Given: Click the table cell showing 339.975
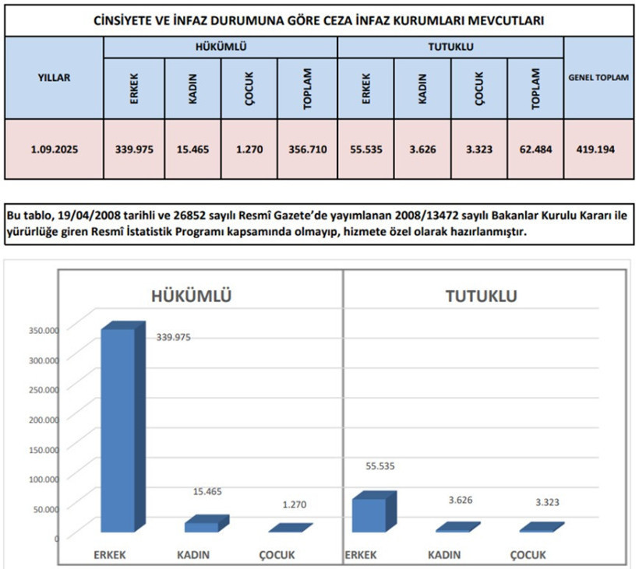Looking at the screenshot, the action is tap(134, 149).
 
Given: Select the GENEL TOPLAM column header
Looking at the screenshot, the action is tap(598, 77).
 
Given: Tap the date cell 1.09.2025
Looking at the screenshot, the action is tap(55, 149).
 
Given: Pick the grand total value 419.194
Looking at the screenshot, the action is tap(595, 149).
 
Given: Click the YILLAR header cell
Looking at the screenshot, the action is tap(55, 77).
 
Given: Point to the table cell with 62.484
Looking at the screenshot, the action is tap(535, 149).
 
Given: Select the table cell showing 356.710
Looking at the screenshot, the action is tap(308, 149).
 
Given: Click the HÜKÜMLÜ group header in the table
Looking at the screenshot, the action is tap(221, 47).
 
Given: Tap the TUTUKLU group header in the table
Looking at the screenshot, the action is tap(450, 47).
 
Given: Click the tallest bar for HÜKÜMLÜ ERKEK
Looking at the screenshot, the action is tap(123, 427).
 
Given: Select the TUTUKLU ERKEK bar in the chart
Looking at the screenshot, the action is tap(374, 511).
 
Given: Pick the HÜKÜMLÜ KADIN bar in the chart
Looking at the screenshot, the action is tap(207, 523).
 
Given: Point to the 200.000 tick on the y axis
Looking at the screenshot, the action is tap(44, 420).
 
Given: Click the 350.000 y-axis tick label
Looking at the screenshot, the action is tap(44, 330).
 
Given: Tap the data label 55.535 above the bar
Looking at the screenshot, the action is tap(380, 466).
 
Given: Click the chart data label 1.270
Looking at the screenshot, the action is tap(295, 504).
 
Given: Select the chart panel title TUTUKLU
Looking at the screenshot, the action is tap(482, 296).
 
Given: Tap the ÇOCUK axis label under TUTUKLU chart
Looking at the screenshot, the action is tap(528, 555).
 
